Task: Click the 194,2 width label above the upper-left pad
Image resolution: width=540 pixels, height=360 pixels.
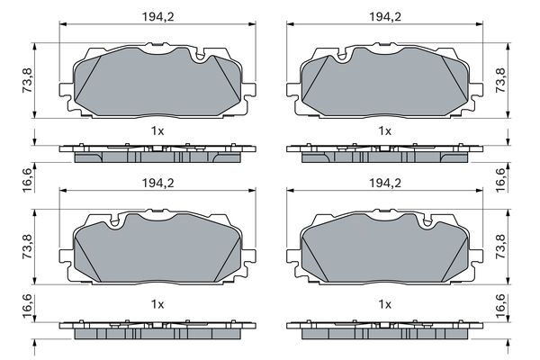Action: (158, 16)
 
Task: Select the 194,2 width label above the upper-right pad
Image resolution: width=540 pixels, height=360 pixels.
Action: (385, 16)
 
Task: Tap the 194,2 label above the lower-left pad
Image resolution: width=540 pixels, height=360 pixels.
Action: (158, 183)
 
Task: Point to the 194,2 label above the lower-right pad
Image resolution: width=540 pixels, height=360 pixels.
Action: (385, 183)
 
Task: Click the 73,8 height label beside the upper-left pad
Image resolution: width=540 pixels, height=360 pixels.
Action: (28, 80)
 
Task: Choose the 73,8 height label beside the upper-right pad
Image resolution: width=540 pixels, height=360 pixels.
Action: (500, 80)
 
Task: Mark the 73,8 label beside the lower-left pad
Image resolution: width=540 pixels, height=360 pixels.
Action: (28, 247)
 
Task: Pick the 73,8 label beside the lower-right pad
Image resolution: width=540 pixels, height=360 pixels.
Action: (500, 247)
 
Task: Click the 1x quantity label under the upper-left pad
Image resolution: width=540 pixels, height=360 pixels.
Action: (157, 130)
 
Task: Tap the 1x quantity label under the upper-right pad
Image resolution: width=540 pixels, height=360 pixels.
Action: (384, 130)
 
